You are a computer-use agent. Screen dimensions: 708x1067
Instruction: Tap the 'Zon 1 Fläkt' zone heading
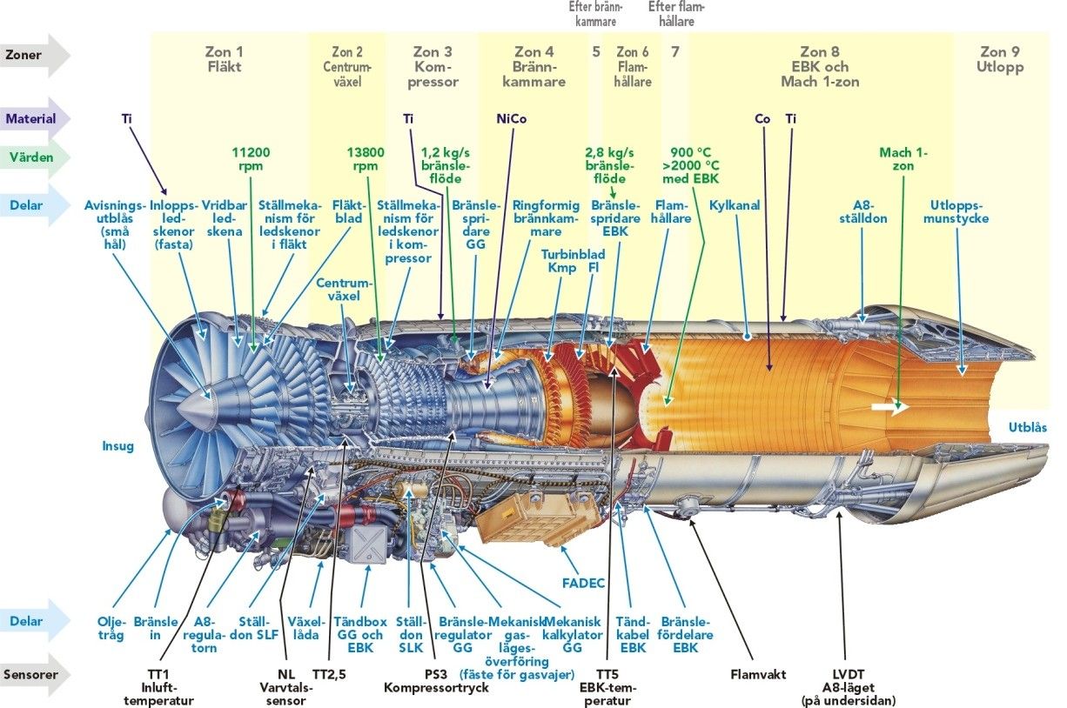pyautogui.click(x=224, y=59)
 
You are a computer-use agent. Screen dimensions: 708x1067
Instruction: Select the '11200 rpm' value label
pyautogui.click(x=252, y=159)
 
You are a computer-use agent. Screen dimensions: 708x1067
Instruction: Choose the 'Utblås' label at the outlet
pyautogui.click(x=1027, y=427)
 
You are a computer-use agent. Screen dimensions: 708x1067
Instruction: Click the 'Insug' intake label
pyautogui.click(x=117, y=446)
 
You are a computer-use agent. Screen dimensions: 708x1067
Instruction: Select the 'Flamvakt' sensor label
pyautogui.click(x=757, y=672)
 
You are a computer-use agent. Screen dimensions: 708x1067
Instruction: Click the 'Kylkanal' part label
pyautogui.click(x=735, y=206)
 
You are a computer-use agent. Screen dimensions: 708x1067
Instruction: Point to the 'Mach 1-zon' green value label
pyautogui.click(x=903, y=159)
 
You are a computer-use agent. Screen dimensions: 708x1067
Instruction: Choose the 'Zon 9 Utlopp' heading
pyautogui.click(x=1001, y=59)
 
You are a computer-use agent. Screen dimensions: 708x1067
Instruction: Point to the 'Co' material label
pyautogui.click(x=762, y=119)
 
